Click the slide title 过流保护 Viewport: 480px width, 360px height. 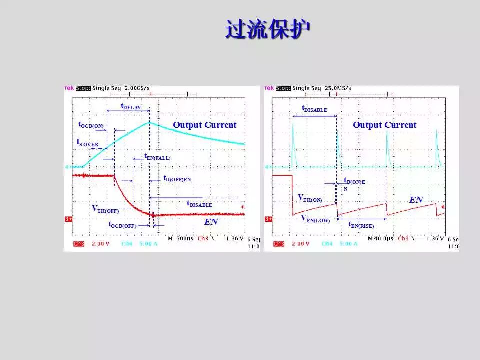point(267,29)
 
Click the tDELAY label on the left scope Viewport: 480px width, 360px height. point(131,107)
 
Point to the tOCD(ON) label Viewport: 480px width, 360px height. point(91,125)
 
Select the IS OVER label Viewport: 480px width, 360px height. point(87,143)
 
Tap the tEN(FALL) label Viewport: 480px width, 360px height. point(157,157)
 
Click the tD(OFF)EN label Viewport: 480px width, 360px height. point(177,178)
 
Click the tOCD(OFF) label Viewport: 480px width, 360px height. point(122,225)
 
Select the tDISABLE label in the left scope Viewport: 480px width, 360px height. point(199,204)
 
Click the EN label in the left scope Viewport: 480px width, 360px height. point(211,221)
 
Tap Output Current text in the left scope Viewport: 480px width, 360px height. point(204,125)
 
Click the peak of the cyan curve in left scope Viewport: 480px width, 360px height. point(149,122)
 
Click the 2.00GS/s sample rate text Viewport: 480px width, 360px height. point(137,88)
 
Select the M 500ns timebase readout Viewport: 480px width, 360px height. point(180,239)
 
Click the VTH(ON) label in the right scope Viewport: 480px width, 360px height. point(310,198)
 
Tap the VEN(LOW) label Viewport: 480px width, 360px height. point(315,218)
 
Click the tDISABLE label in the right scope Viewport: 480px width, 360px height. point(314,108)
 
